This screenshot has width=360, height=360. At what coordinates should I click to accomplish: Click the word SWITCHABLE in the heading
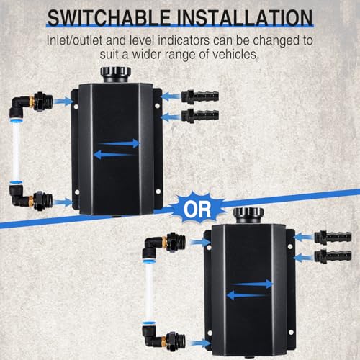(109, 18)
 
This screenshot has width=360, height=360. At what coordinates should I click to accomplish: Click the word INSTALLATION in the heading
(245, 18)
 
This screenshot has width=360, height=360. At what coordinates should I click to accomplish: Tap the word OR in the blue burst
(197, 210)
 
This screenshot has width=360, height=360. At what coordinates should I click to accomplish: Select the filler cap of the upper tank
(116, 74)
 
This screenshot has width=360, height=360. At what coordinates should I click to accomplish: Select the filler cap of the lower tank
(248, 215)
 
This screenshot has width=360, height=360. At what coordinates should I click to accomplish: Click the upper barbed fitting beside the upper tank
(200, 96)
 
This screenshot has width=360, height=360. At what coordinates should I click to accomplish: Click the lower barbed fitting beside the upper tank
(200, 115)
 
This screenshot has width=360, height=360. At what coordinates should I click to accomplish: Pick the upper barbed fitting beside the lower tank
(333, 237)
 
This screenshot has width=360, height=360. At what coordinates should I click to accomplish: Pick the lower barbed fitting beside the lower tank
(333, 256)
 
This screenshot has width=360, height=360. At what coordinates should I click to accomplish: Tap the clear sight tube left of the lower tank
(149, 292)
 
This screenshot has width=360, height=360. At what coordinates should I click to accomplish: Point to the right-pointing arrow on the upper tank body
(119, 143)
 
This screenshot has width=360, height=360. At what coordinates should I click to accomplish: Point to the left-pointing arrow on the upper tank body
(115, 155)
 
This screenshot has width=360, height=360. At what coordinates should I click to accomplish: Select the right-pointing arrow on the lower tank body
(252, 284)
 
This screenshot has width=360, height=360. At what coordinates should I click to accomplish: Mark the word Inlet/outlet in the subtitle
(74, 40)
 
